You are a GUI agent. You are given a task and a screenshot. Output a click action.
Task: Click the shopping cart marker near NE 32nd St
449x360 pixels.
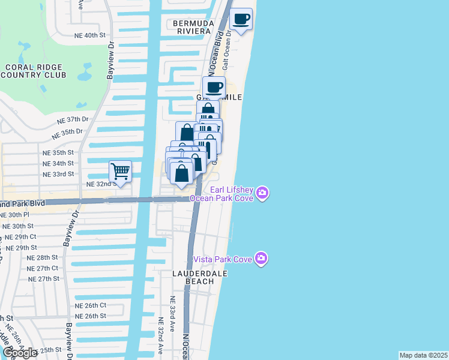click(x=121, y=172)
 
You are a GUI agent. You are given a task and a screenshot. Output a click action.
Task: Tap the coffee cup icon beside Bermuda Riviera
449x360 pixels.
click(x=241, y=19)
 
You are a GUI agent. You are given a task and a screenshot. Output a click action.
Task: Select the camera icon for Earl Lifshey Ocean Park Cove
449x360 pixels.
click(x=262, y=193)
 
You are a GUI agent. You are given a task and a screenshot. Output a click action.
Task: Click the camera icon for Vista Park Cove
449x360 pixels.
click(x=261, y=259)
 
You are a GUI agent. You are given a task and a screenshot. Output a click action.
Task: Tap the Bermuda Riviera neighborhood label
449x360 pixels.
click(x=192, y=28)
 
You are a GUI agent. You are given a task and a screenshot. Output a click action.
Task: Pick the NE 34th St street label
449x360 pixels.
click(x=58, y=163)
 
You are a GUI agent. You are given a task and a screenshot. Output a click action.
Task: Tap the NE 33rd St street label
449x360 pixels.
click(x=58, y=174)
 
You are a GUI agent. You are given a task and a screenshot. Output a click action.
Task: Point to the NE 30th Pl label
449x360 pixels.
click(x=14, y=214)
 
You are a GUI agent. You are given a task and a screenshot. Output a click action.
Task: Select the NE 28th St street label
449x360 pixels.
click(x=43, y=257)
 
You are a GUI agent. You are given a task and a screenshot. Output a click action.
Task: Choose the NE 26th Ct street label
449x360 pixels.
click(x=91, y=305)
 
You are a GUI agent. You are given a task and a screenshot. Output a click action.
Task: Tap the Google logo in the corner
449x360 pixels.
click(x=19, y=353)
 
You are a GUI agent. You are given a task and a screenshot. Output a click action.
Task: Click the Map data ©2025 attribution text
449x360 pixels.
click(x=424, y=355)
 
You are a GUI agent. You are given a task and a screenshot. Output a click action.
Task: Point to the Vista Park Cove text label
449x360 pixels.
click(x=223, y=259)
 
